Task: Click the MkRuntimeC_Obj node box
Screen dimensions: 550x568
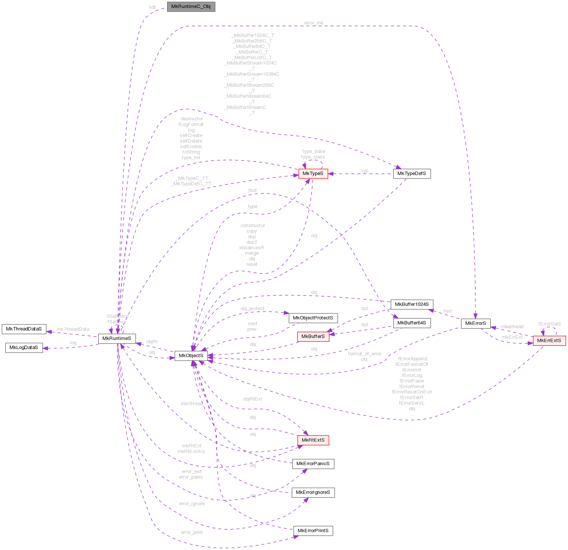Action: click(x=191, y=7)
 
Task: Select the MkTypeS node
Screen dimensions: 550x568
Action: click(x=313, y=174)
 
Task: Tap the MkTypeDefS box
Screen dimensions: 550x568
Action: click(x=412, y=174)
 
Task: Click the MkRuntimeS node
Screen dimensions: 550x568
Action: click(x=117, y=338)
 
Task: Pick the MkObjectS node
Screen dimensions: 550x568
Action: click(x=191, y=355)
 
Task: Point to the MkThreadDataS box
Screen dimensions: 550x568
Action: click(x=24, y=329)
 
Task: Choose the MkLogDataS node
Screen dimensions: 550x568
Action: click(x=24, y=347)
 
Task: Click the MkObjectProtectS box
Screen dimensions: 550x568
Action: click(x=313, y=318)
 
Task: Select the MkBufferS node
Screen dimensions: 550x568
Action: click(x=313, y=336)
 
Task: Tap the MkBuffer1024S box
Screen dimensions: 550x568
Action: click(x=412, y=304)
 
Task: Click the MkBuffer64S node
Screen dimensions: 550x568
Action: click(x=412, y=323)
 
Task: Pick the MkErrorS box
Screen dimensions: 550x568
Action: click(x=476, y=323)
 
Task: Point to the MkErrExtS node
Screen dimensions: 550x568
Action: click(x=549, y=341)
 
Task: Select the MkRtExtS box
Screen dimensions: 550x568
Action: click(x=313, y=440)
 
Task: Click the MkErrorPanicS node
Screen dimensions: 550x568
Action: click(x=313, y=464)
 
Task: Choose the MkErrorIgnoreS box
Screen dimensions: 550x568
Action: click(x=313, y=492)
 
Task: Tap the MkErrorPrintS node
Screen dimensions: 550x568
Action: click(x=313, y=531)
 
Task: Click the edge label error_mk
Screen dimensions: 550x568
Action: click(x=314, y=23)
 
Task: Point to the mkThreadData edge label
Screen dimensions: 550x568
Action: click(x=73, y=329)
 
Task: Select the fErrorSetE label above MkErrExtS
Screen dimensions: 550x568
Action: click(x=550, y=324)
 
